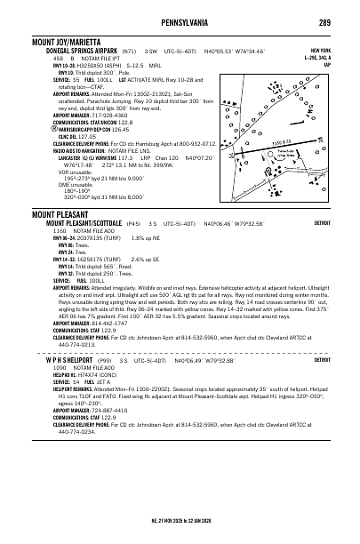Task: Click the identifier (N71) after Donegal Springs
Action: [x=131, y=52]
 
